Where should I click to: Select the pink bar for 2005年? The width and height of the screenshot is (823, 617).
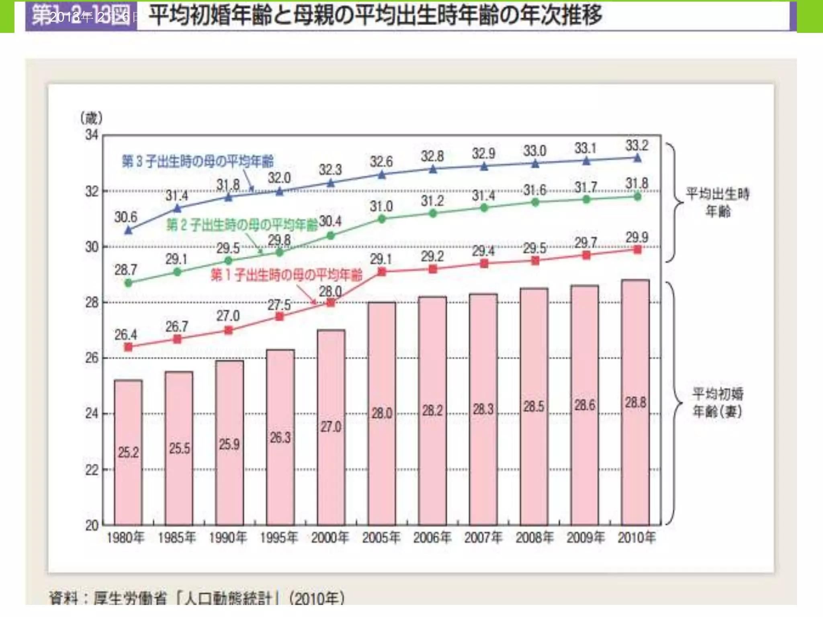[x=381, y=414]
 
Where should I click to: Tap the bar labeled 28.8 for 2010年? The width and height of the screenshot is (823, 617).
[x=635, y=402]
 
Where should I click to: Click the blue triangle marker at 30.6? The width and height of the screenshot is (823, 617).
[x=129, y=230]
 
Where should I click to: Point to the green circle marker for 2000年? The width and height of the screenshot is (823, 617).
[x=331, y=236]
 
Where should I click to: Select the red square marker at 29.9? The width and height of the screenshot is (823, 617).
[x=637, y=250]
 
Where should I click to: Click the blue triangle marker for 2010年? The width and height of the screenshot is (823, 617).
[x=637, y=158]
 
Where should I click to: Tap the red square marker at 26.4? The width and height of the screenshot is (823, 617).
[x=128, y=347]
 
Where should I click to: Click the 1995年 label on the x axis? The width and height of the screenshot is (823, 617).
[x=279, y=537]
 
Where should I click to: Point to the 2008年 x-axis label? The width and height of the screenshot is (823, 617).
[x=534, y=537]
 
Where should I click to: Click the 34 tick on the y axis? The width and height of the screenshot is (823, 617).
[x=92, y=135]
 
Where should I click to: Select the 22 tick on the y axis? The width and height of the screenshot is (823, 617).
[x=92, y=470]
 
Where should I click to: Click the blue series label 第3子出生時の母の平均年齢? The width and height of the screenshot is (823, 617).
[x=198, y=161]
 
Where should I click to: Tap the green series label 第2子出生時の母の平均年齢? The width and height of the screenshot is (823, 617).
[x=242, y=225]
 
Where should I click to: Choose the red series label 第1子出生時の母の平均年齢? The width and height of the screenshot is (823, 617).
[x=287, y=275]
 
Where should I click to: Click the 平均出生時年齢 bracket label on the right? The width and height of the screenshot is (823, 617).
[x=718, y=202]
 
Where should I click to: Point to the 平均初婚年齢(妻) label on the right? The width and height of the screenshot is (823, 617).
[x=718, y=402]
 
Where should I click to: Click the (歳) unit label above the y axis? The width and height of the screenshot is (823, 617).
[x=91, y=118]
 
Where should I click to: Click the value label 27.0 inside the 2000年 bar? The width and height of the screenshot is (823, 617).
[x=331, y=427]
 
